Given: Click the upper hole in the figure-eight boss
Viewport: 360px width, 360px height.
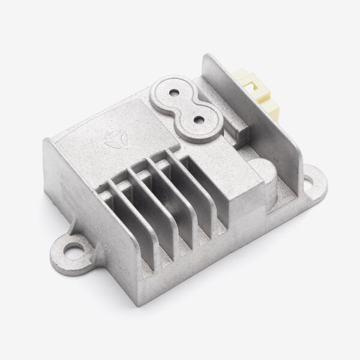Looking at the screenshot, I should click(x=175, y=93).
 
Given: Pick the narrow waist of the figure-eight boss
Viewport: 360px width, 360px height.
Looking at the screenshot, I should click(x=187, y=107).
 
